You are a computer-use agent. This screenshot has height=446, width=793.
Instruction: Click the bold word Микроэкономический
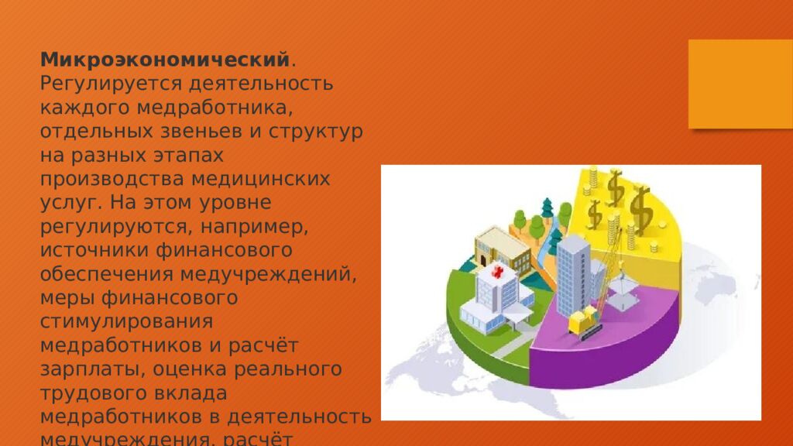click(165, 59)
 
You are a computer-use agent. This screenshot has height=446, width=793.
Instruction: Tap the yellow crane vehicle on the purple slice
click(585, 320)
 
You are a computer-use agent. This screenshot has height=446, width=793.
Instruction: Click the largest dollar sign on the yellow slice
click(640, 208)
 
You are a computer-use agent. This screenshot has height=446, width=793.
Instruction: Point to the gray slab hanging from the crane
click(625, 293)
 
